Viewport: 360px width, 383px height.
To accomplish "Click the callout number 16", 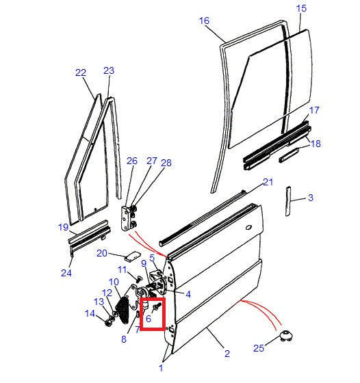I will (204, 21).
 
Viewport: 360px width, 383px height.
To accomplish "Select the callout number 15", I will (301, 8).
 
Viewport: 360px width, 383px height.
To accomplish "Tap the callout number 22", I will (81, 72).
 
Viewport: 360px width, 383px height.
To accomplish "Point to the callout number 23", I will (109, 70).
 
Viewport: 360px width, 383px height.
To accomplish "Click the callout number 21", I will (268, 182).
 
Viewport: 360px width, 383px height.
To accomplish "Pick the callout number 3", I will (310, 198).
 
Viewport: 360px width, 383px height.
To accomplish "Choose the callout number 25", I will (258, 348).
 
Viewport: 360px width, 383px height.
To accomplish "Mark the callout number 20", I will (101, 253).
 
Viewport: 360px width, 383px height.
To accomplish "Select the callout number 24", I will (66, 274).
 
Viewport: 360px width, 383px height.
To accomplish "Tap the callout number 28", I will (166, 162).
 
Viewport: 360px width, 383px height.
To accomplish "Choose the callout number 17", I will (313, 110).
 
